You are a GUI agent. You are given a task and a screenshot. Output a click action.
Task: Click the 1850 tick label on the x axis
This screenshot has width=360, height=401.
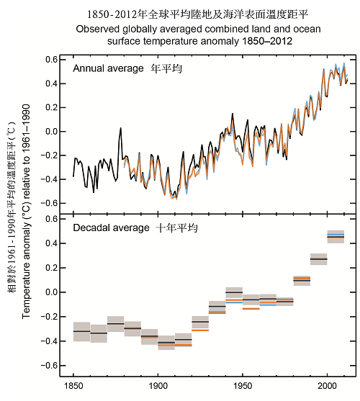pos(73,386)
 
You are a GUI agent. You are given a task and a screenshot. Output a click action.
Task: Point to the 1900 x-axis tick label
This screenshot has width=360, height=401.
pos(158,386)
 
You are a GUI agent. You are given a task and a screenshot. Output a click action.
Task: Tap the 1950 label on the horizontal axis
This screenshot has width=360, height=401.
pos(243,386)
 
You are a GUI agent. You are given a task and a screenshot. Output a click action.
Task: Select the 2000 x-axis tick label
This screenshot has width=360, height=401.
pos(328,386)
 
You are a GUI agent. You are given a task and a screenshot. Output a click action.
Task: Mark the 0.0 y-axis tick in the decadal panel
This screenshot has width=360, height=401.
pos(50,292)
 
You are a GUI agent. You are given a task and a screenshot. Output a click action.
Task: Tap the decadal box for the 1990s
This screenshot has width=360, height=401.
pos(319,258)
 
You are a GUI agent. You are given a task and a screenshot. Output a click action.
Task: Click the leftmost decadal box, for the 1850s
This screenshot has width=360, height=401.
pos(81,331)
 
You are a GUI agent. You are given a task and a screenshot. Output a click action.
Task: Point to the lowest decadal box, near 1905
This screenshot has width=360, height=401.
pos(166,343)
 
